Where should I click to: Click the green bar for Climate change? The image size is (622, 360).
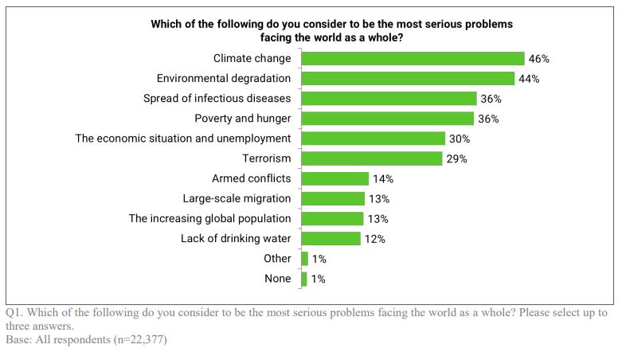(x=413, y=58)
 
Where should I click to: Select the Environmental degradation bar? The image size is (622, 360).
(x=408, y=78)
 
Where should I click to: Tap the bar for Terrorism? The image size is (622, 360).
(x=371, y=158)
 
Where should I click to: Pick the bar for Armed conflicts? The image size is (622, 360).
(x=334, y=178)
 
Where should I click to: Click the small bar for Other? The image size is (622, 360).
(x=304, y=258)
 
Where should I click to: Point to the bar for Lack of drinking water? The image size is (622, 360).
(x=331, y=238)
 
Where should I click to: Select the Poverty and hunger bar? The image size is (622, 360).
(x=389, y=118)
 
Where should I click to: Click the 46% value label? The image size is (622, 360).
(x=538, y=59)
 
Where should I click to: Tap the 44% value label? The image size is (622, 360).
(x=529, y=79)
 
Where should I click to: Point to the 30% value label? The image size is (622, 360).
(x=460, y=139)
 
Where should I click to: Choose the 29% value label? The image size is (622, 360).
(x=456, y=158)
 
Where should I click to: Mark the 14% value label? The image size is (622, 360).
(x=383, y=178)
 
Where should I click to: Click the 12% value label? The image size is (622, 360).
(x=375, y=239)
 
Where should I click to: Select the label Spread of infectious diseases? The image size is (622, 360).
(x=217, y=99)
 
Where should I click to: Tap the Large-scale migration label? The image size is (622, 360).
(x=237, y=198)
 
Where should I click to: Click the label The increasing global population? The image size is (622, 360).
(x=209, y=218)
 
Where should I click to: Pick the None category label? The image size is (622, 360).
(x=277, y=279)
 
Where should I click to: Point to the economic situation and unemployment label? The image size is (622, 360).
(x=183, y=139)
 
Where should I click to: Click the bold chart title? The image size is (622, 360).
(x=331, y=30)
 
